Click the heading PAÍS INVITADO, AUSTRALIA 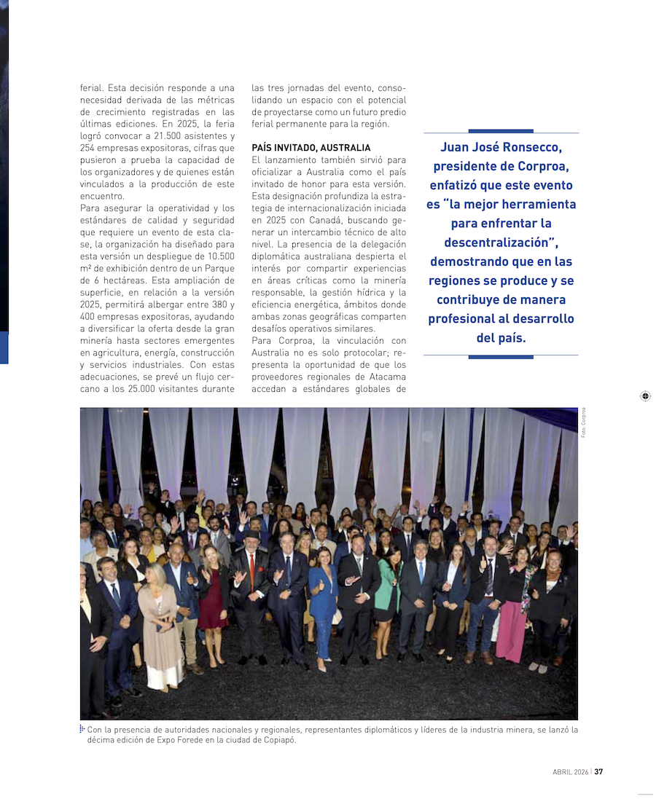tap(311, 147)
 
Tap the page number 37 tap(598, 773)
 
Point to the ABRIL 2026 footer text tap(570, 773)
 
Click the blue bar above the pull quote tap(501, 131)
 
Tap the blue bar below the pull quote tap(501, 357)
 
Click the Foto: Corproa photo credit tap(584, 423)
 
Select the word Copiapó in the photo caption tap(278, 741)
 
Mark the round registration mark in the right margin tap(645, 396)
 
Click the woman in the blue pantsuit tap(322, 597)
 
